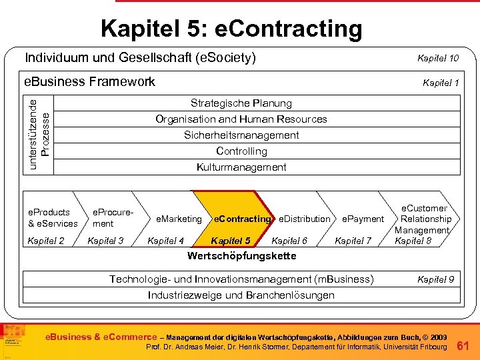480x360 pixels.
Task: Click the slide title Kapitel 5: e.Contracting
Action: point(231,29)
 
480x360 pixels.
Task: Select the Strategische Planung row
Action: point(241,103)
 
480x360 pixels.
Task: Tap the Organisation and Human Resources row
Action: point(241,119)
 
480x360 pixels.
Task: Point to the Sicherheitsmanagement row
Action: point(241,135)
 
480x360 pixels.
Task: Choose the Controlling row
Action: point(241,151)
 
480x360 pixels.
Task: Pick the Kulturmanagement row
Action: point(241,167)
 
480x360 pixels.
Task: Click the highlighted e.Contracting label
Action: point(241,219)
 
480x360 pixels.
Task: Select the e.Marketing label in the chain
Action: point(178,219)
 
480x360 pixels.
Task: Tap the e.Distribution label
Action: point(304,219)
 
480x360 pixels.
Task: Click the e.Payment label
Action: point(363,219)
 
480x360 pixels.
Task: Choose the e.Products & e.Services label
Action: point(53,218)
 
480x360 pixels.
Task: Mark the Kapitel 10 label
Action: point(437,59)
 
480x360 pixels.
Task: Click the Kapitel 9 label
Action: point(435,279)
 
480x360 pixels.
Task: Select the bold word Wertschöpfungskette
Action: point(241,256)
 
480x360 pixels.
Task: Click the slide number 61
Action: point(465,345)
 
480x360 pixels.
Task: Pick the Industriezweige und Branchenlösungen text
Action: point(241,295)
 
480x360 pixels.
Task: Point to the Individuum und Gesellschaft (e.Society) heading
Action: point(140,58)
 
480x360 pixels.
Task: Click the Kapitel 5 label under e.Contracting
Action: point(230,241)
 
